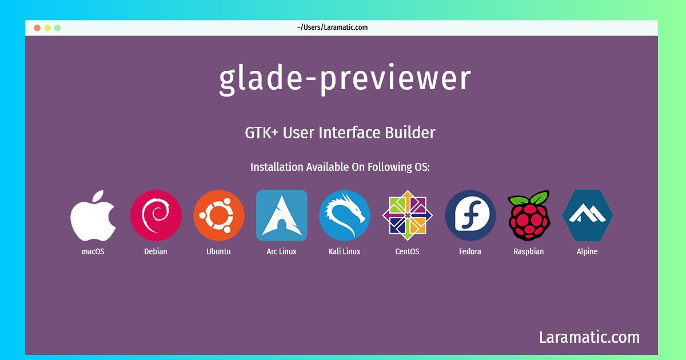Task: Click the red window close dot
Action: (x=37, y=28)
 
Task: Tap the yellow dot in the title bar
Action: (x=47, y=28)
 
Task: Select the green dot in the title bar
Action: (x=57, y=28)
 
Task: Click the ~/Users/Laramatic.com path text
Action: (x=332, y=27)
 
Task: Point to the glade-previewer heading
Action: (x=345, y=79)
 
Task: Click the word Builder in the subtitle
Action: (x=410, y=133)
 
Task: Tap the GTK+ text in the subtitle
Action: (x=261, y=133)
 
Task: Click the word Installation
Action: (x=277, y=167)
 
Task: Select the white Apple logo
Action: (x=93, y=215)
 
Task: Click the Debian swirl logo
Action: (x=156, y=215)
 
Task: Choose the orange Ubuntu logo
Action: (x=218, y=215)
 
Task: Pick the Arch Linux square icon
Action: (x=281, y=215)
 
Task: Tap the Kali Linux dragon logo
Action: (x=345, y=215)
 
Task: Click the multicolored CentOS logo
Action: (x=407, y=215)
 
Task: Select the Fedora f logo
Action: (x=470, y=215)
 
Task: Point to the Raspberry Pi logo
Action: (x=529, y=215)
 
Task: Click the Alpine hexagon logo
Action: (x=588, y=215)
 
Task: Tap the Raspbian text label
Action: (x=529, y=251)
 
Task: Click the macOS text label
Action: (x=93, y=251)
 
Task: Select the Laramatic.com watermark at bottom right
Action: (x=589, y=337)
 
